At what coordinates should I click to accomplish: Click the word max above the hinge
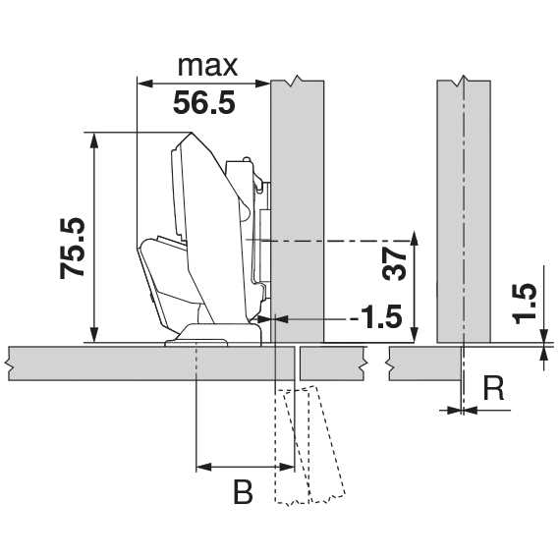pyautogui.click(x=207, y=67)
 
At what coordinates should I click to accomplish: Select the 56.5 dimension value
pyautogui.click(x=204, y=102)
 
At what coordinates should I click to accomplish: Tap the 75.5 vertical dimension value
pyautogui.click(x=73, y=249)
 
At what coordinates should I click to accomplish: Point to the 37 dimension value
pyautogui.click(x=394, y=264)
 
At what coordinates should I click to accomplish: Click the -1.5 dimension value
pyautogui.click(x=376, y=316)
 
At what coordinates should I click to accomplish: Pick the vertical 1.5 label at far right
pyautogui.click(x=524, y=304)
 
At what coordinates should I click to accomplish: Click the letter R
pyautogui.click(x=493, y=388)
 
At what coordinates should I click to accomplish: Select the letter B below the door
pyautogui.click(x=243, y=492)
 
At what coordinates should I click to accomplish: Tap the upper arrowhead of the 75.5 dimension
pyautogui.click(x=94, y=140)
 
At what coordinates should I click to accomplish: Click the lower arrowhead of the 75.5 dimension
pyautogui.click(x=94, y=335)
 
